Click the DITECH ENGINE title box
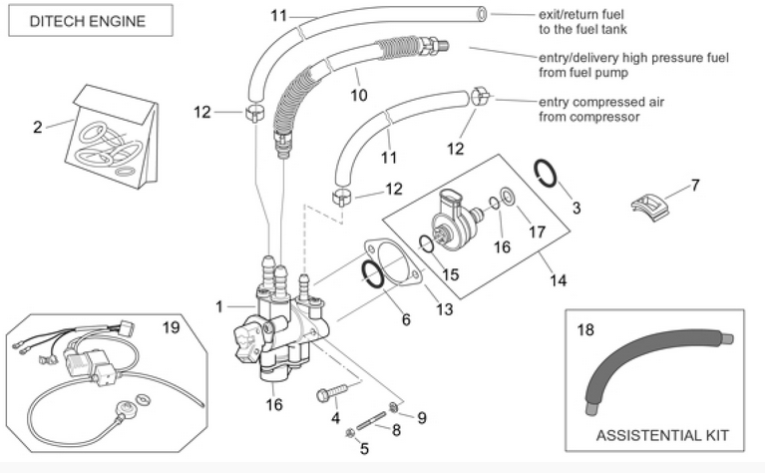point(87,21)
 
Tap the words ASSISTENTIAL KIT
point(661,435)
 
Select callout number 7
point(695,185)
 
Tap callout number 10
point(359,95)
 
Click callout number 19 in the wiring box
point(171,326)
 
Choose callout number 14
point(558,280)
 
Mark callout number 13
point(444,309)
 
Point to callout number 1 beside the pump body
point(219,306)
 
